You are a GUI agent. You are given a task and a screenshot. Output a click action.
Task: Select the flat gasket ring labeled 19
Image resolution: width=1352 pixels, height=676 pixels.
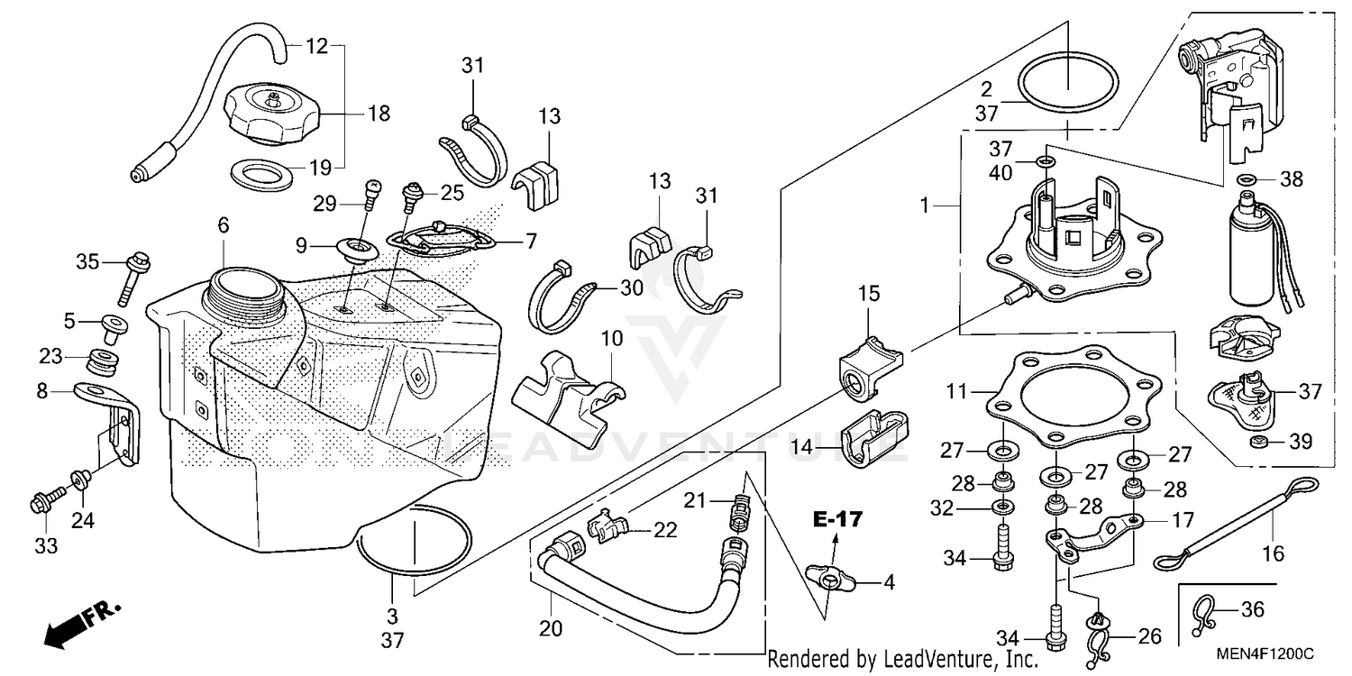tap(261, 173)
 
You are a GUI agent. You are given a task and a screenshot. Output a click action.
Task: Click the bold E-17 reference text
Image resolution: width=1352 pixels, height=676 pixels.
tap(837, 519)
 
